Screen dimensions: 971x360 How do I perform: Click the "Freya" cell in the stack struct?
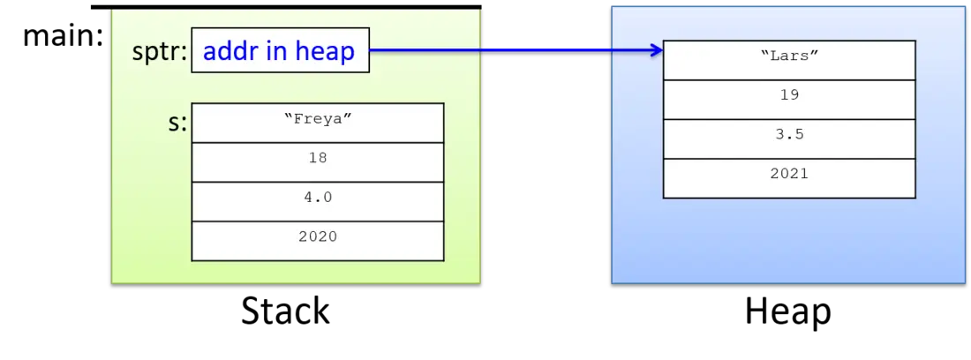pos(318,124)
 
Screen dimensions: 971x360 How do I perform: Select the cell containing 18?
pos(318,162)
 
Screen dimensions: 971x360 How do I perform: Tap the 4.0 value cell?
pos(318,202)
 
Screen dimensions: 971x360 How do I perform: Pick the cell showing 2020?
pos(318,241)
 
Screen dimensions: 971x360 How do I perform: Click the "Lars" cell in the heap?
pos(789,60)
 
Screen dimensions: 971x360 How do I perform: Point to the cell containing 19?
pos(789,100)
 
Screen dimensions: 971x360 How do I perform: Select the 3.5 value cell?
pos(789,139)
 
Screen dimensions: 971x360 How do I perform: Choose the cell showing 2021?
pos(789,179)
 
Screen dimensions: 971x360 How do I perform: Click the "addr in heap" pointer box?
pos(281,50)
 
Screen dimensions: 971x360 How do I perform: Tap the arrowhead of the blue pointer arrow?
pos(657,50)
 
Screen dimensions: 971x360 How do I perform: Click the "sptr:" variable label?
pos(159,53)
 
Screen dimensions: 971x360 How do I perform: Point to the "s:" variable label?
pos(177,124)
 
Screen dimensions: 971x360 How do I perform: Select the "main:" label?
pos(63,36)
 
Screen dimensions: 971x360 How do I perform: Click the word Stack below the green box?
pos(285,311)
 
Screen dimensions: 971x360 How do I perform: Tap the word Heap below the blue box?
pos(787,311)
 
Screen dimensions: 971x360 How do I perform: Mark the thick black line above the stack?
pos(286,7)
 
